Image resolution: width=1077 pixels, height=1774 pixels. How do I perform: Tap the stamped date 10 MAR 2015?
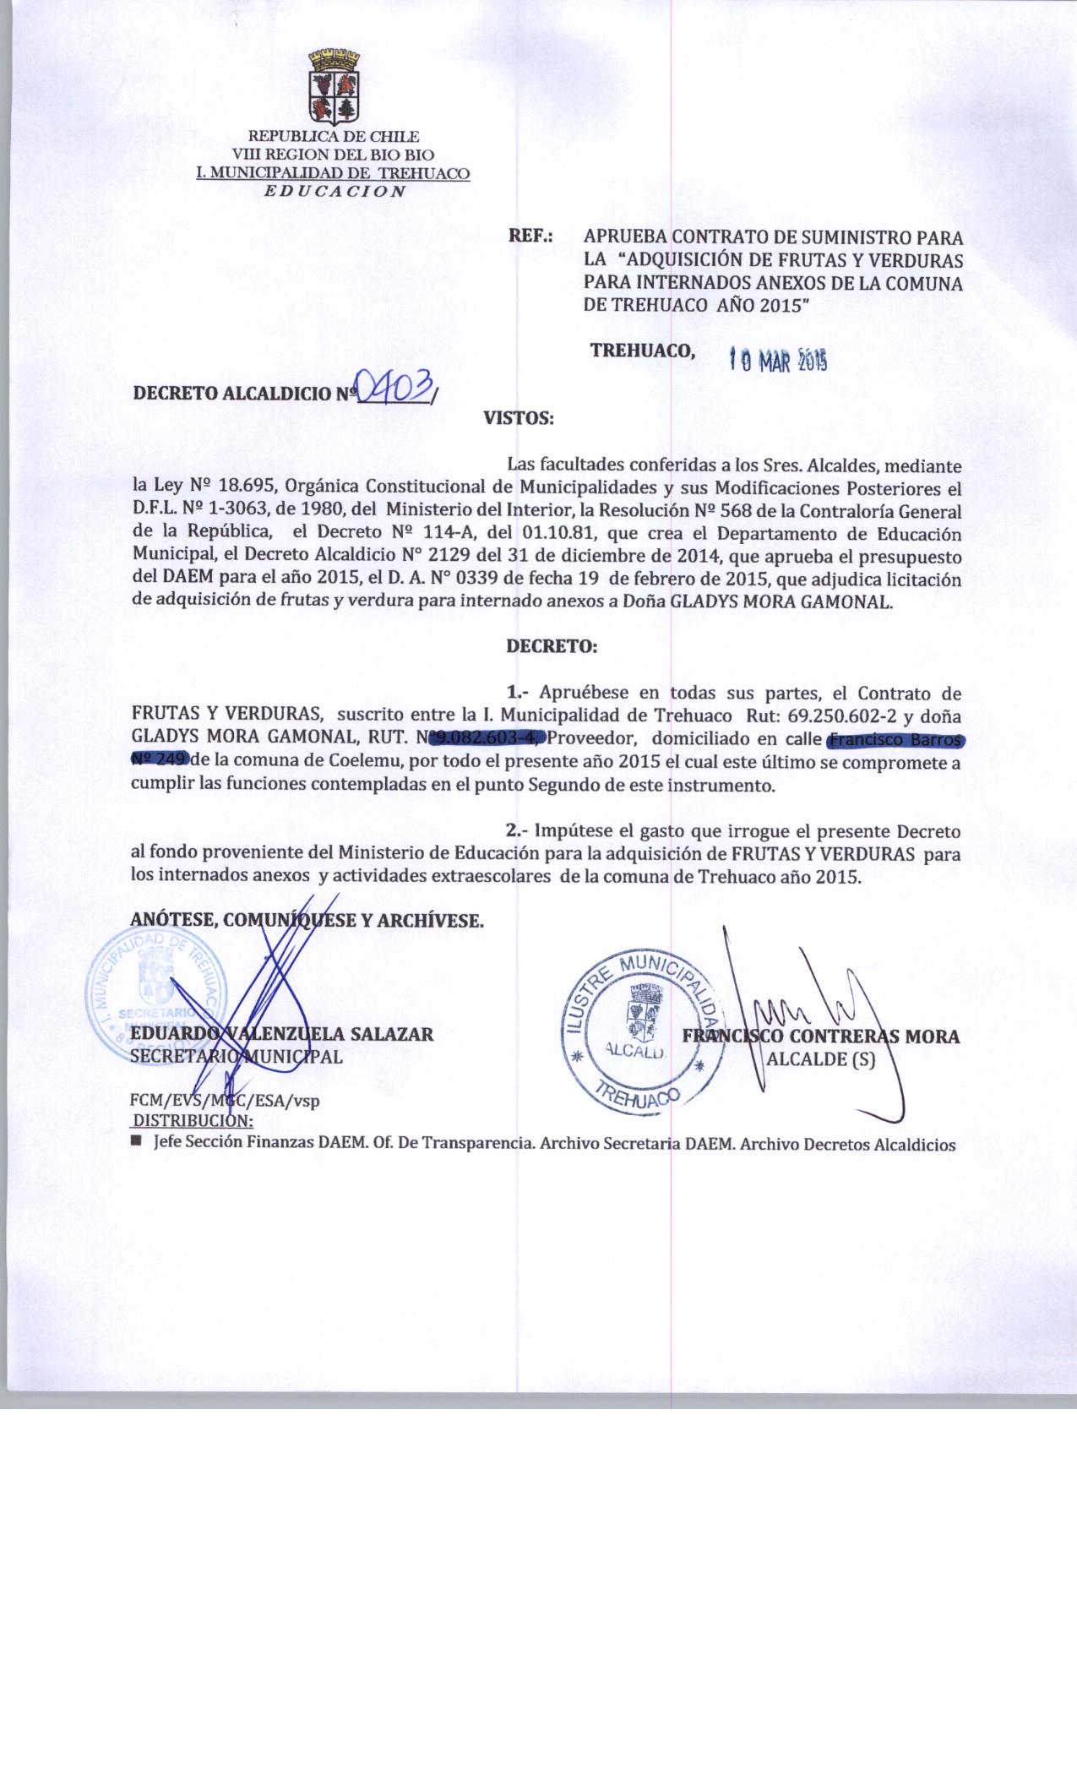[776, 362]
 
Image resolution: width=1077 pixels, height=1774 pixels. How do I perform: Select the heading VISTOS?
[518, 417]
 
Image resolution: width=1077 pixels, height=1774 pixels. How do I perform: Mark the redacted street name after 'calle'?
[895, 741]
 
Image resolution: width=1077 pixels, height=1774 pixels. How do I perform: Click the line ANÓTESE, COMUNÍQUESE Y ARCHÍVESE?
[307, 920]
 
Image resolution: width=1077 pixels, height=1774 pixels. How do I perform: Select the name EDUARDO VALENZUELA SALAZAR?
[281, 1034]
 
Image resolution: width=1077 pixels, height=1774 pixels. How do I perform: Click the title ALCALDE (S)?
[819, 1058]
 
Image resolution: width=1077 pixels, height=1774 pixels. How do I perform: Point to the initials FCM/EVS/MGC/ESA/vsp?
[225, 1102]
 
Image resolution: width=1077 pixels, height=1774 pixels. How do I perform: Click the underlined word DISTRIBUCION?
[193, 1121]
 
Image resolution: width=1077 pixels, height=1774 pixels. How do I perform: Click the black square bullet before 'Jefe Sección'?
[137, 1142]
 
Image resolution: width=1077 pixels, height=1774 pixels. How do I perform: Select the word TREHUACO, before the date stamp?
[643, 351]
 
